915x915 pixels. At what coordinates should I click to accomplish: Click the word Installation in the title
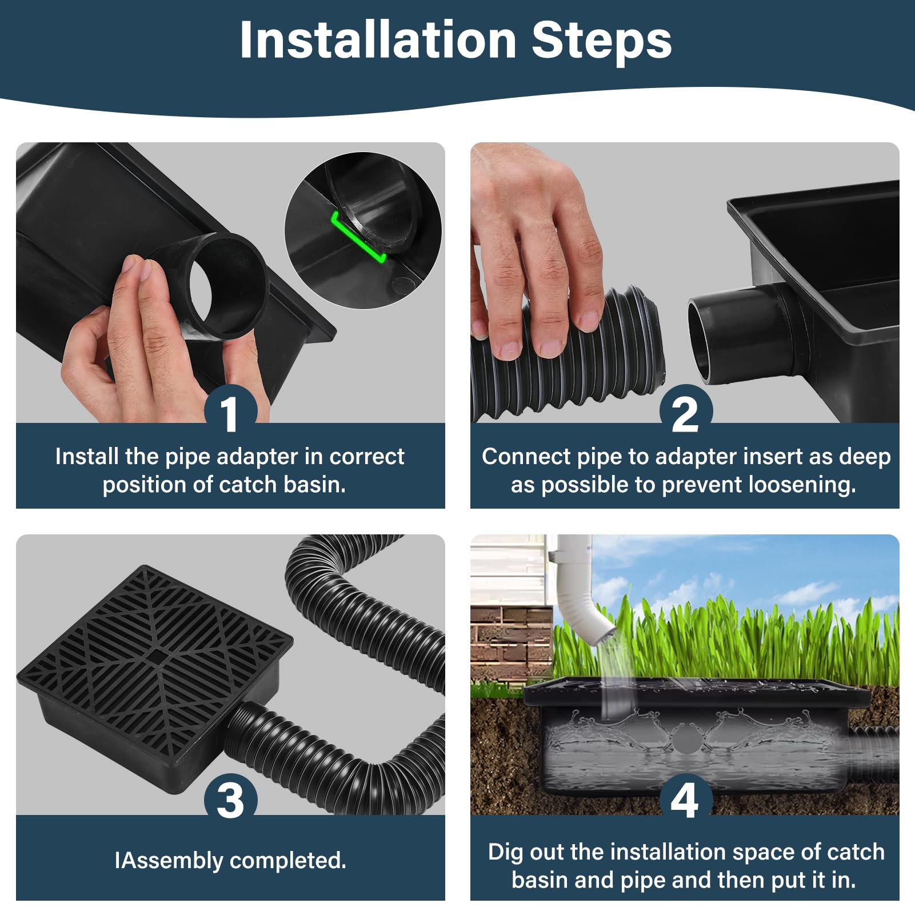click(378, 40)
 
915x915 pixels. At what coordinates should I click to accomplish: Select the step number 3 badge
click(230, 800)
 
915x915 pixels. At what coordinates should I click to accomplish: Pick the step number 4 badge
click(685, 800)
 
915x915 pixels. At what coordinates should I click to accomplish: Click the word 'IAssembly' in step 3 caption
click(169, 861)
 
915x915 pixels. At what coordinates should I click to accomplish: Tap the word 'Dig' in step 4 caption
click(506, 852)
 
